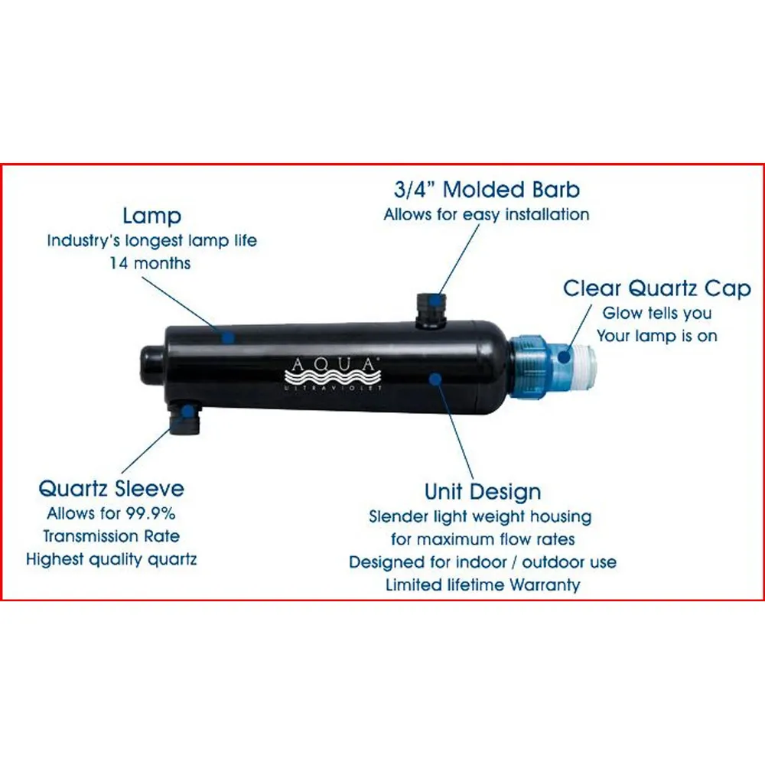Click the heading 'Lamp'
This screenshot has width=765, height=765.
151,216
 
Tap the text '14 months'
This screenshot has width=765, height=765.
150,263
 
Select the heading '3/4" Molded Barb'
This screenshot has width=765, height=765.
487,189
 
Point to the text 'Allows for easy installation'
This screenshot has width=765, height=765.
487,215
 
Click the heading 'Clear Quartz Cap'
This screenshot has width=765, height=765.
656,288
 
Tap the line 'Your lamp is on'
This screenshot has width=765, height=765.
656,336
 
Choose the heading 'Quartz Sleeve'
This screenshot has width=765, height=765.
111,488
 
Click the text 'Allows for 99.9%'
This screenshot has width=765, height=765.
111,513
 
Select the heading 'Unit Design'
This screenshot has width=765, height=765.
483,492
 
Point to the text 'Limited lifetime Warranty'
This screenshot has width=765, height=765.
483,584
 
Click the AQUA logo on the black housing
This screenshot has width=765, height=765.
333,374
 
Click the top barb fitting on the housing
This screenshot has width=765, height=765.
431,311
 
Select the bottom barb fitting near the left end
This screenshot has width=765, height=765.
185,418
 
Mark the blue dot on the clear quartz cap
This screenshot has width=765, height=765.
564,356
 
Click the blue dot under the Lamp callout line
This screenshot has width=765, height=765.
227,337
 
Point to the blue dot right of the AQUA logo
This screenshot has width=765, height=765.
436,379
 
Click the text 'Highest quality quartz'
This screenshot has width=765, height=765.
111,559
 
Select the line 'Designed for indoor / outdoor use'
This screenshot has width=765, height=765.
483,562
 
